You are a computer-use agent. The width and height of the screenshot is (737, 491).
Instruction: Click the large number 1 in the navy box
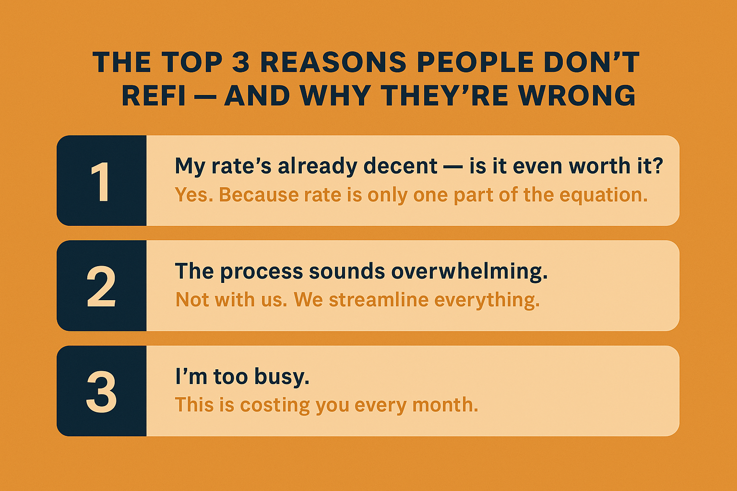[x=100, y=181]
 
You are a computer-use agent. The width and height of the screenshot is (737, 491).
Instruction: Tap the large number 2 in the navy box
[x=101, y=286]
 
